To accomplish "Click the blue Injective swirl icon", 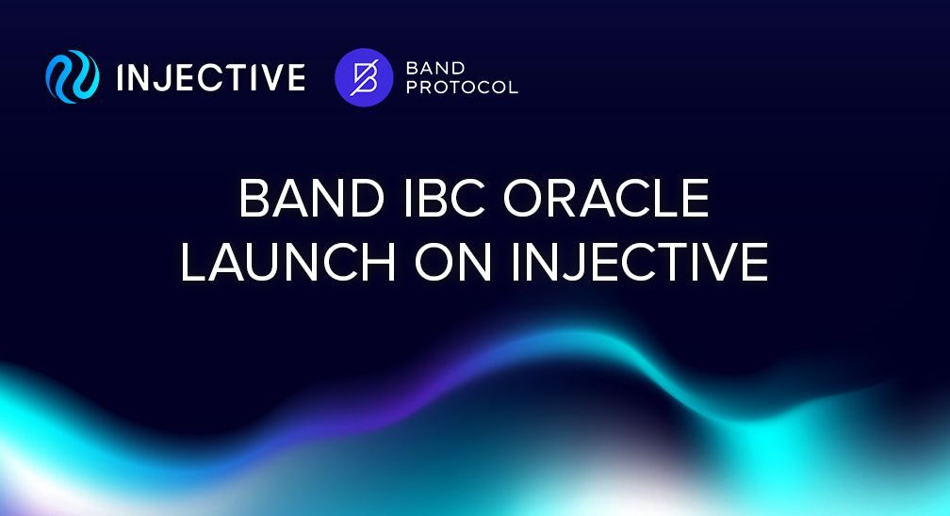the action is (72, 77).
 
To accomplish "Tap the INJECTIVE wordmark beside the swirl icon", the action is (211, 77).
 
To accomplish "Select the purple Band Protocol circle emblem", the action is (364, 77).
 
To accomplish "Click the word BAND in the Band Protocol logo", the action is (435, 68).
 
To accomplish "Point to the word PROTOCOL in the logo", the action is (462, 88).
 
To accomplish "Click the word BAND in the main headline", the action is (312, 198).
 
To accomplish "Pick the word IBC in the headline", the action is (444, 198).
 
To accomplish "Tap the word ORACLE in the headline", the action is (607, 198).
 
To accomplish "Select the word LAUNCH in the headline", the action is (287, 262).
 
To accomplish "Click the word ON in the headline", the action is (452, 262).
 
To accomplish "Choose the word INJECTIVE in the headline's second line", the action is (640, 262).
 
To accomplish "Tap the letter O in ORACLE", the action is (525, 198).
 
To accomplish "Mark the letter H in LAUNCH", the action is (378, 262).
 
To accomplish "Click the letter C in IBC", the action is (467, 198).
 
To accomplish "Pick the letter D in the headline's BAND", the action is (367, 198).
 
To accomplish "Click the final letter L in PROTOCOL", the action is (513, 88).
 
